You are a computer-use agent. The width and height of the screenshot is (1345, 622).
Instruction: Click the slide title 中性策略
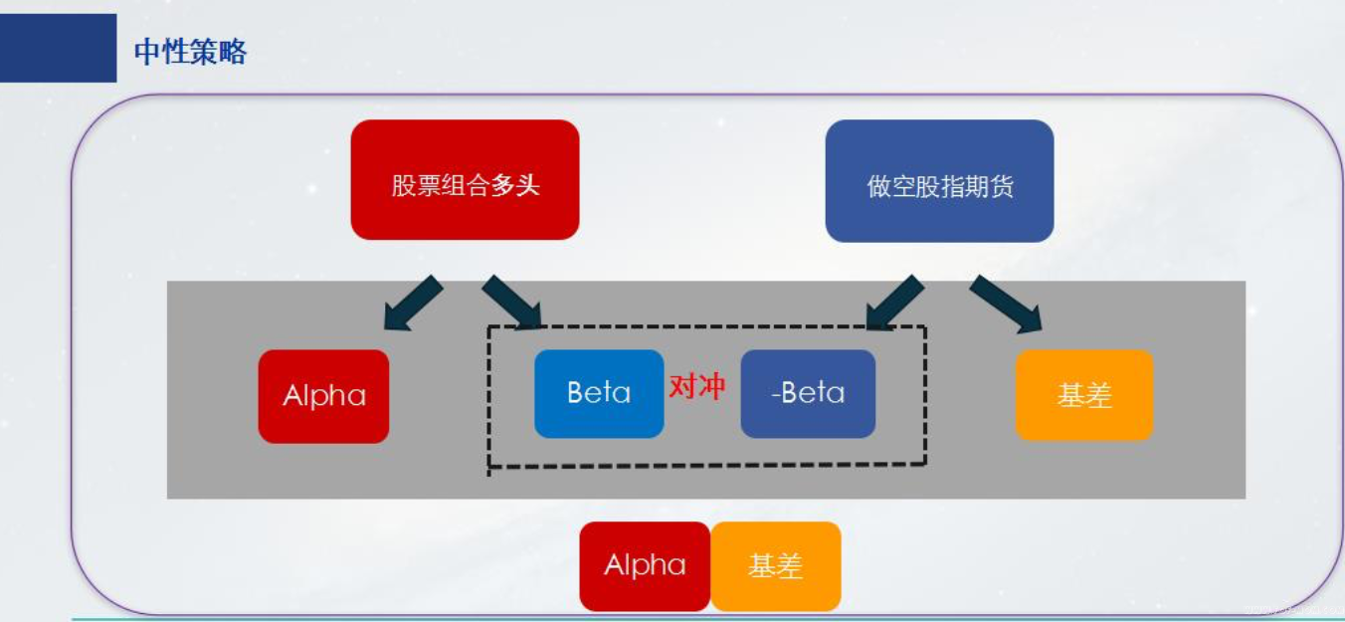[190, 51]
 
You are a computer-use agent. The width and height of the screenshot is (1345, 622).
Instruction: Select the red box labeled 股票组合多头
[465, 179]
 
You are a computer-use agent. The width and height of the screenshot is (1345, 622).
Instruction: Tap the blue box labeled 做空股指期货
[939, 181]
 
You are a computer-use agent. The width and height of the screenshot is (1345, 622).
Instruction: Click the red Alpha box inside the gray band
[323, 396]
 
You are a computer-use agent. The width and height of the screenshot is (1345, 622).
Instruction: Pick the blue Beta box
[599, 394]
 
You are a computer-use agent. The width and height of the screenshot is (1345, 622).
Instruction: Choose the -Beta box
[808, 394]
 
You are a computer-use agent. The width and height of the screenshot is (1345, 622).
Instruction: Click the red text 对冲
[697, 387]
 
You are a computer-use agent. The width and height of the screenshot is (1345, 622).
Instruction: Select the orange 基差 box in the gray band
[1083, 395]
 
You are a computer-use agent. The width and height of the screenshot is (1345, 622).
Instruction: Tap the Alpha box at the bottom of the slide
[645, 566]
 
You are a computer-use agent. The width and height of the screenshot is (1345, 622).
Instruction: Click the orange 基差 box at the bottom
[776, 566]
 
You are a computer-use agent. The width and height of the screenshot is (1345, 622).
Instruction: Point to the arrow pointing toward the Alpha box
[413, 304]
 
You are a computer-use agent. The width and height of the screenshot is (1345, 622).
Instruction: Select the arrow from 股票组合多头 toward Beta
[512, 302]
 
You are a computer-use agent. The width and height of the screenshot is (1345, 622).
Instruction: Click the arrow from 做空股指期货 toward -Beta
[894, 303]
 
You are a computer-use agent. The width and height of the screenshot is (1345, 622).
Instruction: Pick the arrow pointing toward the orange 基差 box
[1007, 304]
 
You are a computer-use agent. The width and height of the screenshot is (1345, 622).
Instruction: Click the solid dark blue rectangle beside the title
[59, 48]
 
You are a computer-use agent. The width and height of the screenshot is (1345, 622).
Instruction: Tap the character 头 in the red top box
[528, 185]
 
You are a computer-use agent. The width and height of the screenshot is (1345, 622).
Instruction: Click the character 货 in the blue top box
[1002, 187]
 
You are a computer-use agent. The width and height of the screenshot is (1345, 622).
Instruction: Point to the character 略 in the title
[233, 51]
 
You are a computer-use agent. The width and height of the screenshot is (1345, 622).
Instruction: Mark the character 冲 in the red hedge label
[711, 387]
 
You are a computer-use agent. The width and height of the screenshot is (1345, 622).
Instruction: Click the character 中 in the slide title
[147, 51]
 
